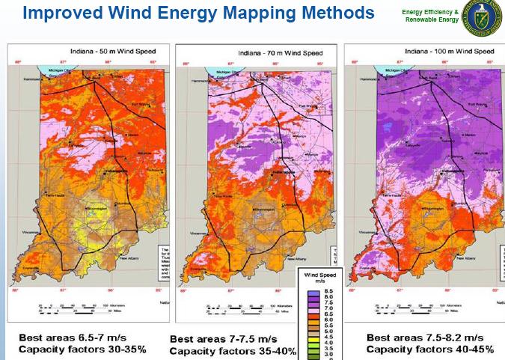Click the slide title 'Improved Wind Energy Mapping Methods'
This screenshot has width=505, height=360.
point(198,13)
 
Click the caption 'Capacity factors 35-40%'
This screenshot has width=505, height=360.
point(233,351)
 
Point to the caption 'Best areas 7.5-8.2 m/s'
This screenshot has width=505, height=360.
point(426,338)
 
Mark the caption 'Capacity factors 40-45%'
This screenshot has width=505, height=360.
point(429,349)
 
